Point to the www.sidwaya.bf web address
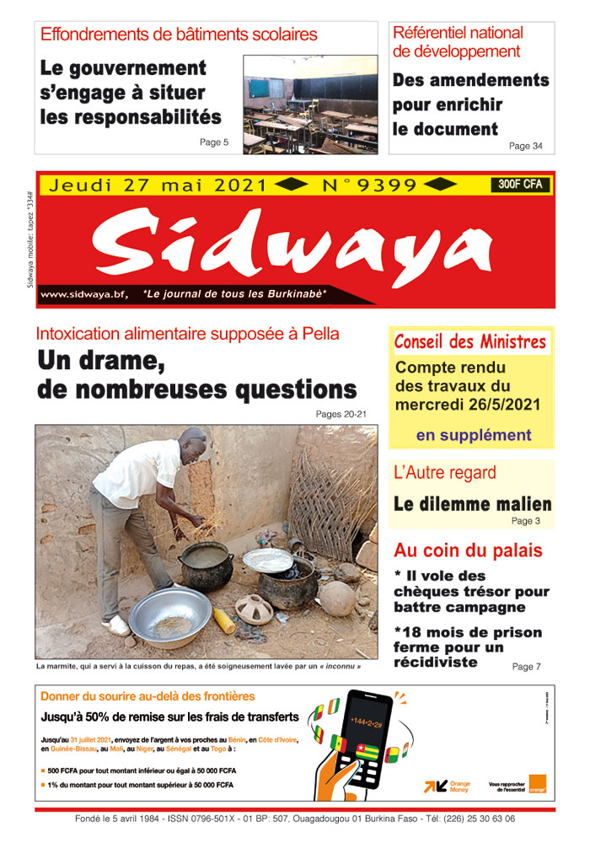tap(84, 294)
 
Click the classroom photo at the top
tap(310, 105)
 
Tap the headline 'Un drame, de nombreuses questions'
tap(196, 377)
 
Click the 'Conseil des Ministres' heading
tap(469, 342)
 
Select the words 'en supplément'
tap(473, 435)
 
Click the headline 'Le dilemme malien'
tap(472, 505)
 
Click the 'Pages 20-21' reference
tap(341, 414)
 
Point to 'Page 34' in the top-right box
tap(525, 146)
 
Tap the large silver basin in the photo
tap(169, 615)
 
